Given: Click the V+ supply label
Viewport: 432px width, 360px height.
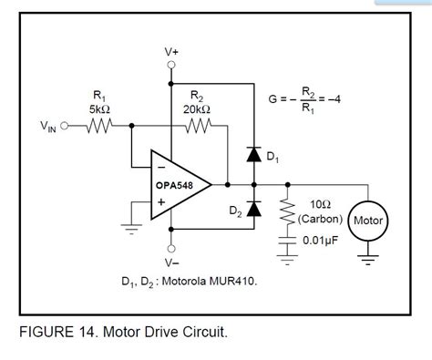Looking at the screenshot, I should pos(171,53).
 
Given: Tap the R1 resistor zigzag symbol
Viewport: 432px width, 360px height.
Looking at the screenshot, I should pos(98,127).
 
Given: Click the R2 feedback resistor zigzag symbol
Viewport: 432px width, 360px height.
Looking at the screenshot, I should pos(197,127).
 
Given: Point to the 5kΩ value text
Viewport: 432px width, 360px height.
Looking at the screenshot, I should pos(98,108).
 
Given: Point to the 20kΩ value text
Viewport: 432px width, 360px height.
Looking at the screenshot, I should pos(198,108).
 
